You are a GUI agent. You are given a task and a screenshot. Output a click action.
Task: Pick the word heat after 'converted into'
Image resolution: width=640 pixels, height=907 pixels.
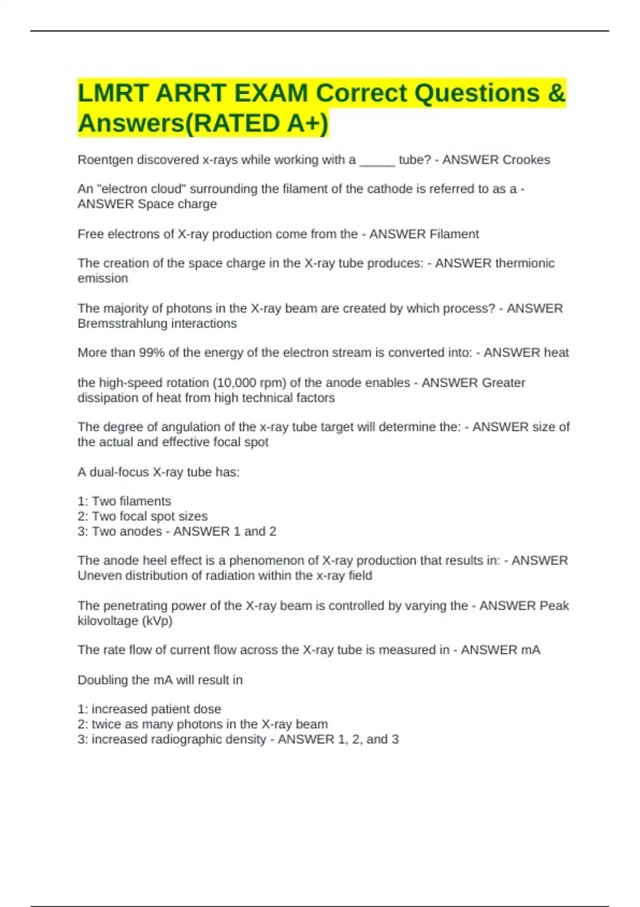[x=556, y=353]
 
